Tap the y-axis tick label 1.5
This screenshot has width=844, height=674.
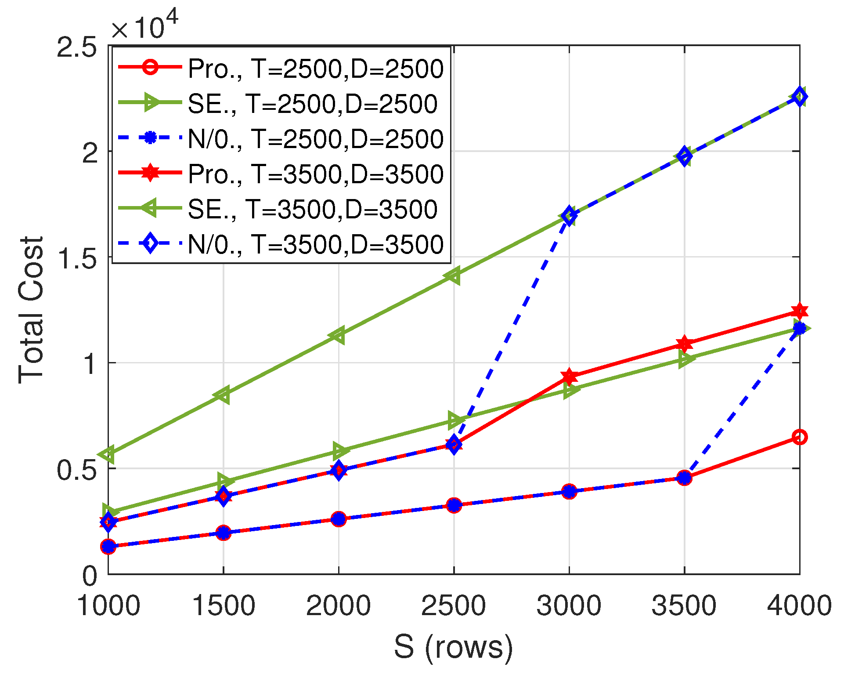coord(77,258)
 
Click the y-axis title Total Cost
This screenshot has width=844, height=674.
coord(31,310)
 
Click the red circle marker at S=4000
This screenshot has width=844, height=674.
coord(800,437)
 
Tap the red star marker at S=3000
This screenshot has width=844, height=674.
coord(569,377)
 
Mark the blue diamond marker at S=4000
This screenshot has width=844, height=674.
coord(800,97)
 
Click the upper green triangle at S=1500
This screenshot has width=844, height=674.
coord(223,395)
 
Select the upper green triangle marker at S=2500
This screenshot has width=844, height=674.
coord(453,275)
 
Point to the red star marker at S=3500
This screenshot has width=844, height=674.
coord(684,344)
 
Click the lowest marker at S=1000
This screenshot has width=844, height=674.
coord(108,547)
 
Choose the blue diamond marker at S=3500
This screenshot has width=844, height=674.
coord(684,156)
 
